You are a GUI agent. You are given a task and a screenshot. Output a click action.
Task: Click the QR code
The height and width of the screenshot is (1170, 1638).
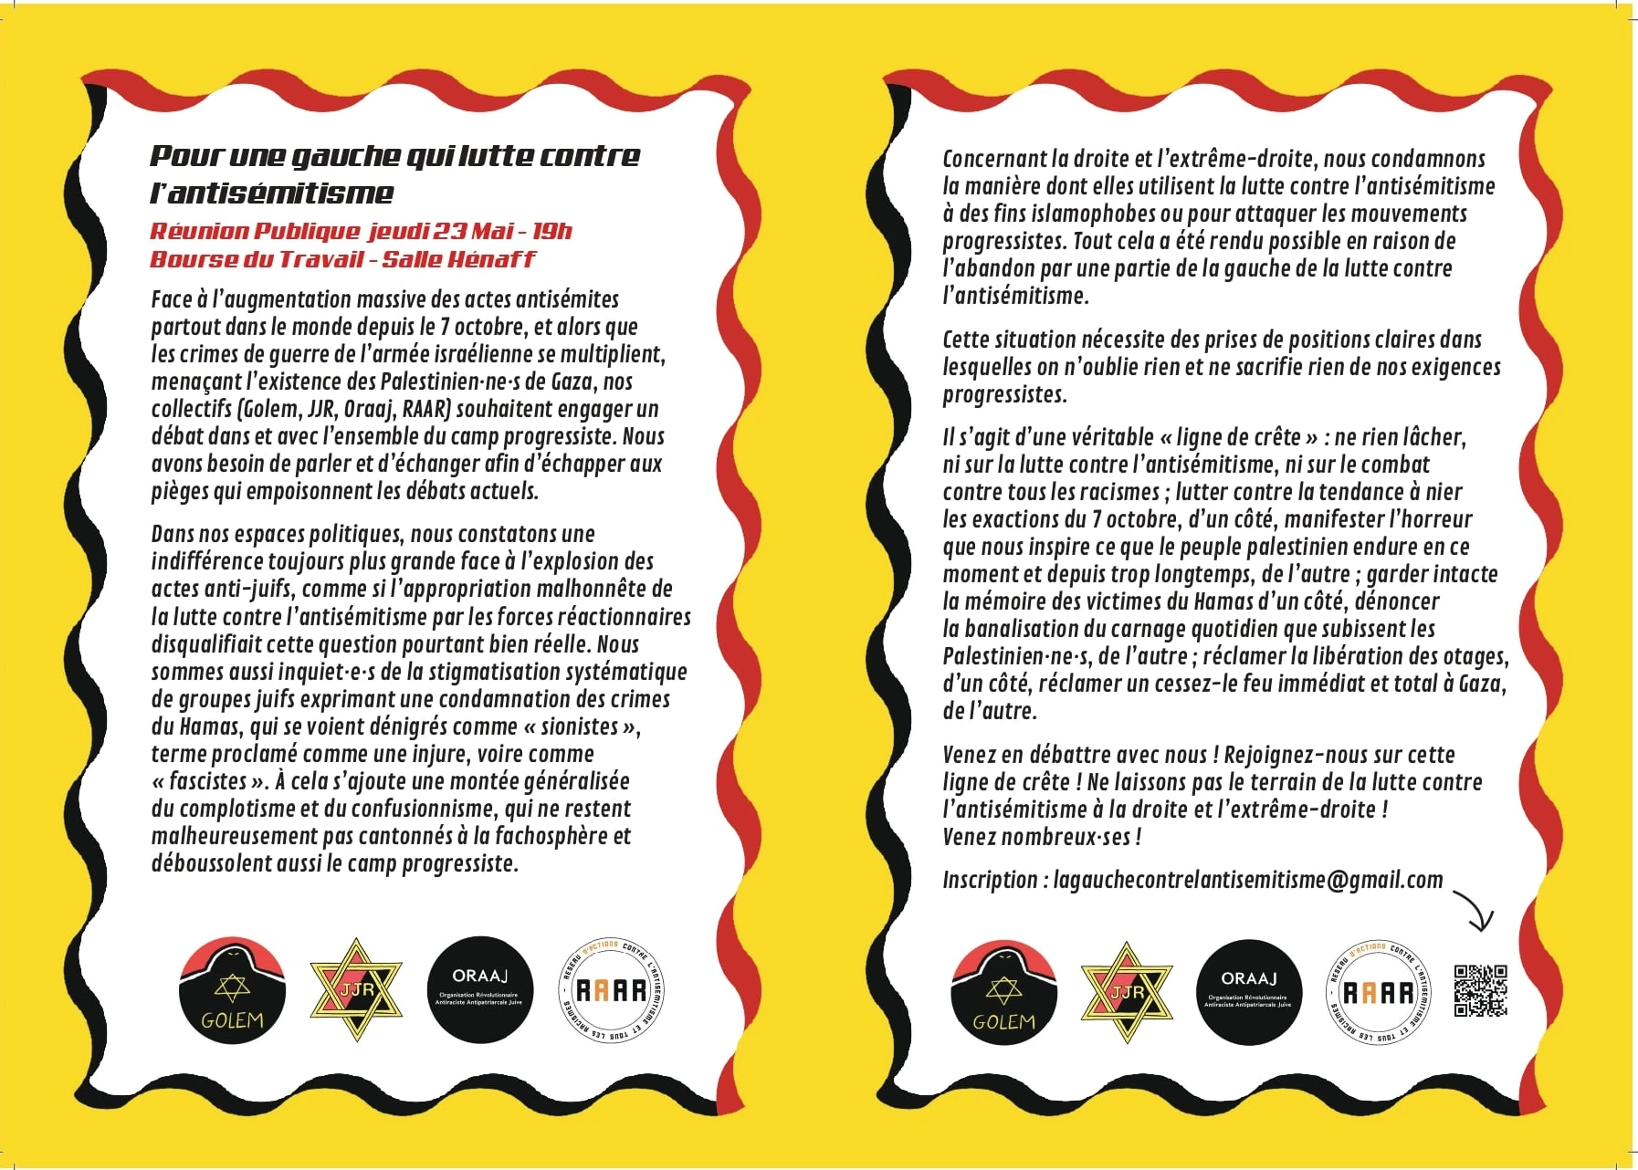pos(1480,990)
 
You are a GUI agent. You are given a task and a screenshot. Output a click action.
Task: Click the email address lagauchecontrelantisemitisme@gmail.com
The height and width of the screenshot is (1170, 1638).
pos(1247,880)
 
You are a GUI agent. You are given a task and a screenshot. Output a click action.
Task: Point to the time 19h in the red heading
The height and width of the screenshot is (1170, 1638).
pos(551,231)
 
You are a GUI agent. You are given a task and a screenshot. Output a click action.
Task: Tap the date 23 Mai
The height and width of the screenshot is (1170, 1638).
pos(472,231)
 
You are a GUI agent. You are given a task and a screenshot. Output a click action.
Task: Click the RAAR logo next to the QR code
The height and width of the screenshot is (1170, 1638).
pos(1377,992)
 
